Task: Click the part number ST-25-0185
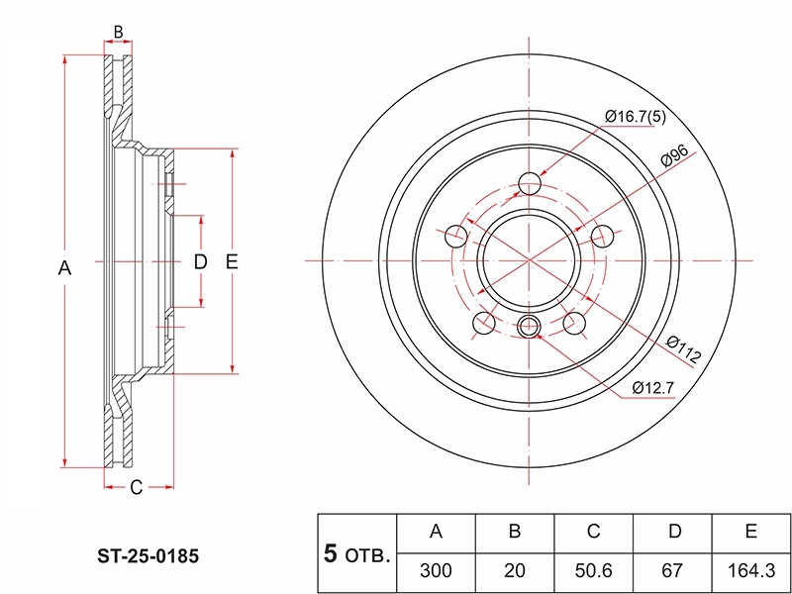[x=148, y=556]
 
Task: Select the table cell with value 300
[x=437, y=571]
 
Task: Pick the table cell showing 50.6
[x=593, y=571]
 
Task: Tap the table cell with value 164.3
[x=751, y=571]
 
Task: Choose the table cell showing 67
[x=672, y=571]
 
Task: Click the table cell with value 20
[x=515, y=571]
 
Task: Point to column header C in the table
[x=593, y=534]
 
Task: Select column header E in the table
[x=751, y=534]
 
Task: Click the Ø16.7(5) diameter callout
[x=636, y=118]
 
